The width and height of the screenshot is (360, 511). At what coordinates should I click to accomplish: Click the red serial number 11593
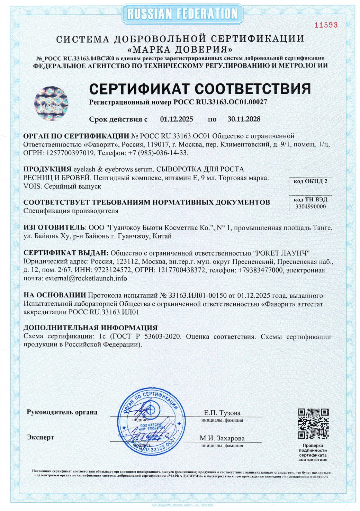(326, 25)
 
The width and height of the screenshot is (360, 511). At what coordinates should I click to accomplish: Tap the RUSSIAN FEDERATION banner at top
(182, 14)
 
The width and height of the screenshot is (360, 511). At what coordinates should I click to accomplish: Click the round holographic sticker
(51, 103)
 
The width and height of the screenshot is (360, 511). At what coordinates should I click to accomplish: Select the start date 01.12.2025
(177, 119)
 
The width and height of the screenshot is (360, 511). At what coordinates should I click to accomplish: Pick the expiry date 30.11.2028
(244, 119)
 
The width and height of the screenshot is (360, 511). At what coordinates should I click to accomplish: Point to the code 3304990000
(310, 207)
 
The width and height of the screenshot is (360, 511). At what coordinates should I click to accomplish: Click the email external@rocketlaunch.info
(86, 278)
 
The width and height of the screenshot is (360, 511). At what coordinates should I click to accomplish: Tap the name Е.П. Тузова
(222, 413)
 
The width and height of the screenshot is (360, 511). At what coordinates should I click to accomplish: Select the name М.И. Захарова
(222, 438)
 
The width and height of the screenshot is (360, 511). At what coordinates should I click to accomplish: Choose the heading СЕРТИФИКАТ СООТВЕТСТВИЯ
(200, 89)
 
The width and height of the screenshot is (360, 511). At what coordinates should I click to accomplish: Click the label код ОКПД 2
(310, 181)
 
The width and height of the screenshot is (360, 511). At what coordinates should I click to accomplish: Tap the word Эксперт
(40, 437)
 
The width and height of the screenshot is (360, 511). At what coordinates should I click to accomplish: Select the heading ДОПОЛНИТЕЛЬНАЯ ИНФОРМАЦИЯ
(90, 328)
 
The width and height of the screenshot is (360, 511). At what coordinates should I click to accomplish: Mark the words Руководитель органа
(62, 412)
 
